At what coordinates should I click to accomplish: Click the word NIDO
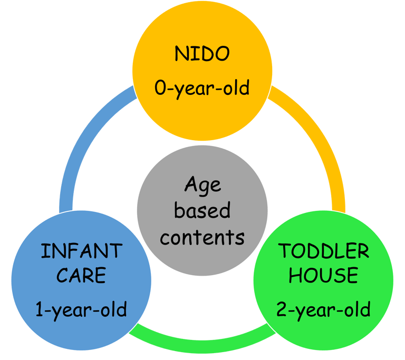pyautogui.click(x=202, y=54)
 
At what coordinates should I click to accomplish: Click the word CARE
pyautogui.click(x=81, y=275)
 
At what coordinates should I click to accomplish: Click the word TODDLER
pyautogui.click(x=324, y=251)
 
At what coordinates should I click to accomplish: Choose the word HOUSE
pyautogui.click(x=324, y=275)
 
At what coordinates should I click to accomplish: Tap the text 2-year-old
pyautogui.click(x=323, y=309)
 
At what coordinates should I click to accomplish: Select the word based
pyautogui.click(x=202, y=211)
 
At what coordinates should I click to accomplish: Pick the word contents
pyautogui.click(x=202, y=237)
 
